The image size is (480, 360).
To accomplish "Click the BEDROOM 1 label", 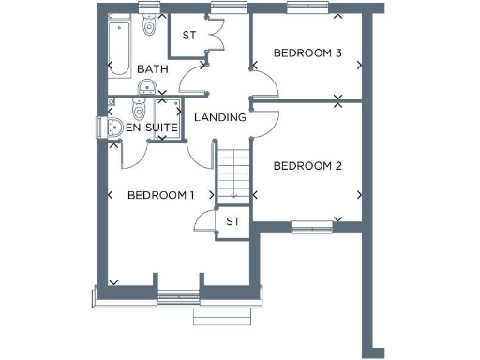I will [160, 195].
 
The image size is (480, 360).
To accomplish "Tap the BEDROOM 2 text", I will [307, 166].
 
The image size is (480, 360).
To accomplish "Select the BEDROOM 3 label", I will [307, 53].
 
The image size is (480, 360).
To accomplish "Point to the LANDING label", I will [220, 117].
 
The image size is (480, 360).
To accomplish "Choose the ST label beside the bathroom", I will [187, 36].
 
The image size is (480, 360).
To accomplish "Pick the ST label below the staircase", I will [233, 220].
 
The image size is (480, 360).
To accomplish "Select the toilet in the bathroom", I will [148, 29].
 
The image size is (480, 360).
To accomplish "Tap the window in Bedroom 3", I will [307, 9].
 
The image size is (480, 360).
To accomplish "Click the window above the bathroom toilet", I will [147, 9].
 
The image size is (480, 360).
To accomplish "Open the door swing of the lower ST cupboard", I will [203, 221].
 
